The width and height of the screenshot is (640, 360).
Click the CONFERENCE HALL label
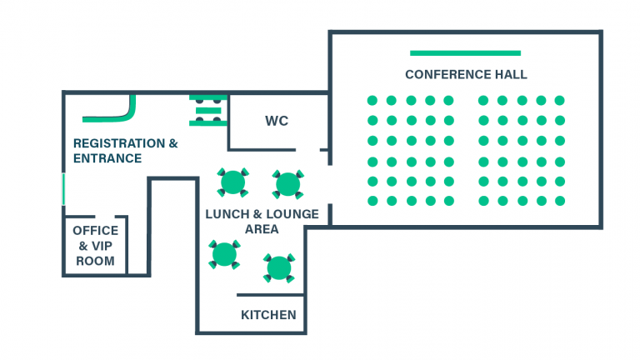click(466, 75)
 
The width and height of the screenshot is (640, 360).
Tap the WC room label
click(277, 122)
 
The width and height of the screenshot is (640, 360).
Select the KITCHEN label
click(268, 315)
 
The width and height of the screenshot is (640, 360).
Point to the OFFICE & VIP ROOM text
click(96, 246)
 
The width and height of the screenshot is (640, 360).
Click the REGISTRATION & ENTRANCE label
click(125, 151)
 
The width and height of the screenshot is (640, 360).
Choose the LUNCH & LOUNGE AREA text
click(262, 222)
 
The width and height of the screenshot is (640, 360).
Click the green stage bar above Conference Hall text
click(466, 52)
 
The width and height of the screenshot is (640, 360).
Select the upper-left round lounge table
click(232, 181)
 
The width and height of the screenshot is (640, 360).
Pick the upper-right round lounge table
click(287, 183)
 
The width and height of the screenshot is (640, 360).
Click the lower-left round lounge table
click(224, 253)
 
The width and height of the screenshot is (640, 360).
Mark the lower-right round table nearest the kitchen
click(278, 267)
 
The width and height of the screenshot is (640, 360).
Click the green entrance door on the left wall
click(63, 188)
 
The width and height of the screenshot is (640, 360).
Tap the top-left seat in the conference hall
click(372, 101)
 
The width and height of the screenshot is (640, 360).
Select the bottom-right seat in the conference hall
click(559, 201)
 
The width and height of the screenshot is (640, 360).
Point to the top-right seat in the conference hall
click(559, 101)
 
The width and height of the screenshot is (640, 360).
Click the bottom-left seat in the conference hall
click(372, 201)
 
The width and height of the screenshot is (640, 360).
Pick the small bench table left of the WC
click(207, 110)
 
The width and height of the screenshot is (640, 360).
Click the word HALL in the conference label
click(509, 75)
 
